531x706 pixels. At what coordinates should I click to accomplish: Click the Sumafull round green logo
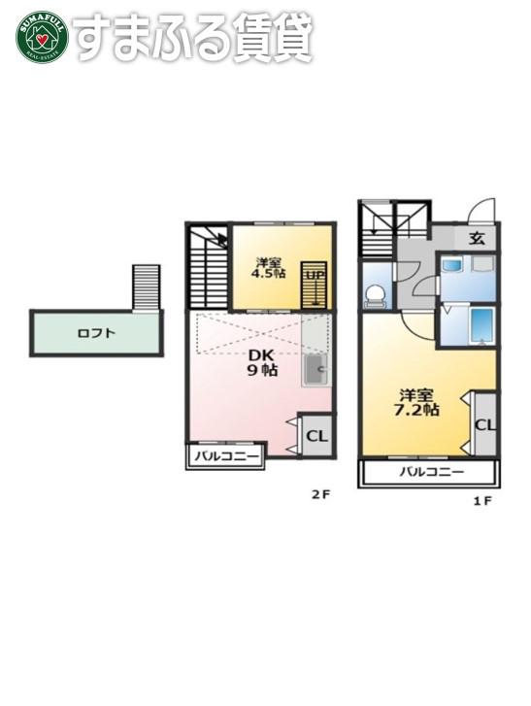tap(42, 37)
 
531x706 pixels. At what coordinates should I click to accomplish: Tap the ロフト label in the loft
tap(96, 334)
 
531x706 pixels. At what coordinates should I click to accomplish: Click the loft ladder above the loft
tap(147, 287)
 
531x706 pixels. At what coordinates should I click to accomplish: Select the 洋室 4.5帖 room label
tap(269, 268)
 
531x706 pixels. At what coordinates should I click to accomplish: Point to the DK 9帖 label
tap(262, 362)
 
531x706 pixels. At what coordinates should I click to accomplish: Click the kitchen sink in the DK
tap(316, 369)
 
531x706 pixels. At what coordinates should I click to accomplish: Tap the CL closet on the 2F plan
tap(317, 435)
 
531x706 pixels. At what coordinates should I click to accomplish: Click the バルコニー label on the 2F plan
tap(226, 456)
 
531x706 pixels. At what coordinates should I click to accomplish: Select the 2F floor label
tap(321, 494)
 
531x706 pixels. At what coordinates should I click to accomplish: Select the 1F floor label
tap(481, 501)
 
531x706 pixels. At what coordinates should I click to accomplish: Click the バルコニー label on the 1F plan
tap(432, 472)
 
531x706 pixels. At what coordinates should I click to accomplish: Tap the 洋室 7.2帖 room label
tap(416, 402)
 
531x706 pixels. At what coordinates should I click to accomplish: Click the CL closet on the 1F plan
tap(484, 424)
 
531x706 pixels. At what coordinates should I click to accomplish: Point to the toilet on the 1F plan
tap(376, 297)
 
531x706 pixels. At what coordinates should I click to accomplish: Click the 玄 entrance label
tap(477, 238)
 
